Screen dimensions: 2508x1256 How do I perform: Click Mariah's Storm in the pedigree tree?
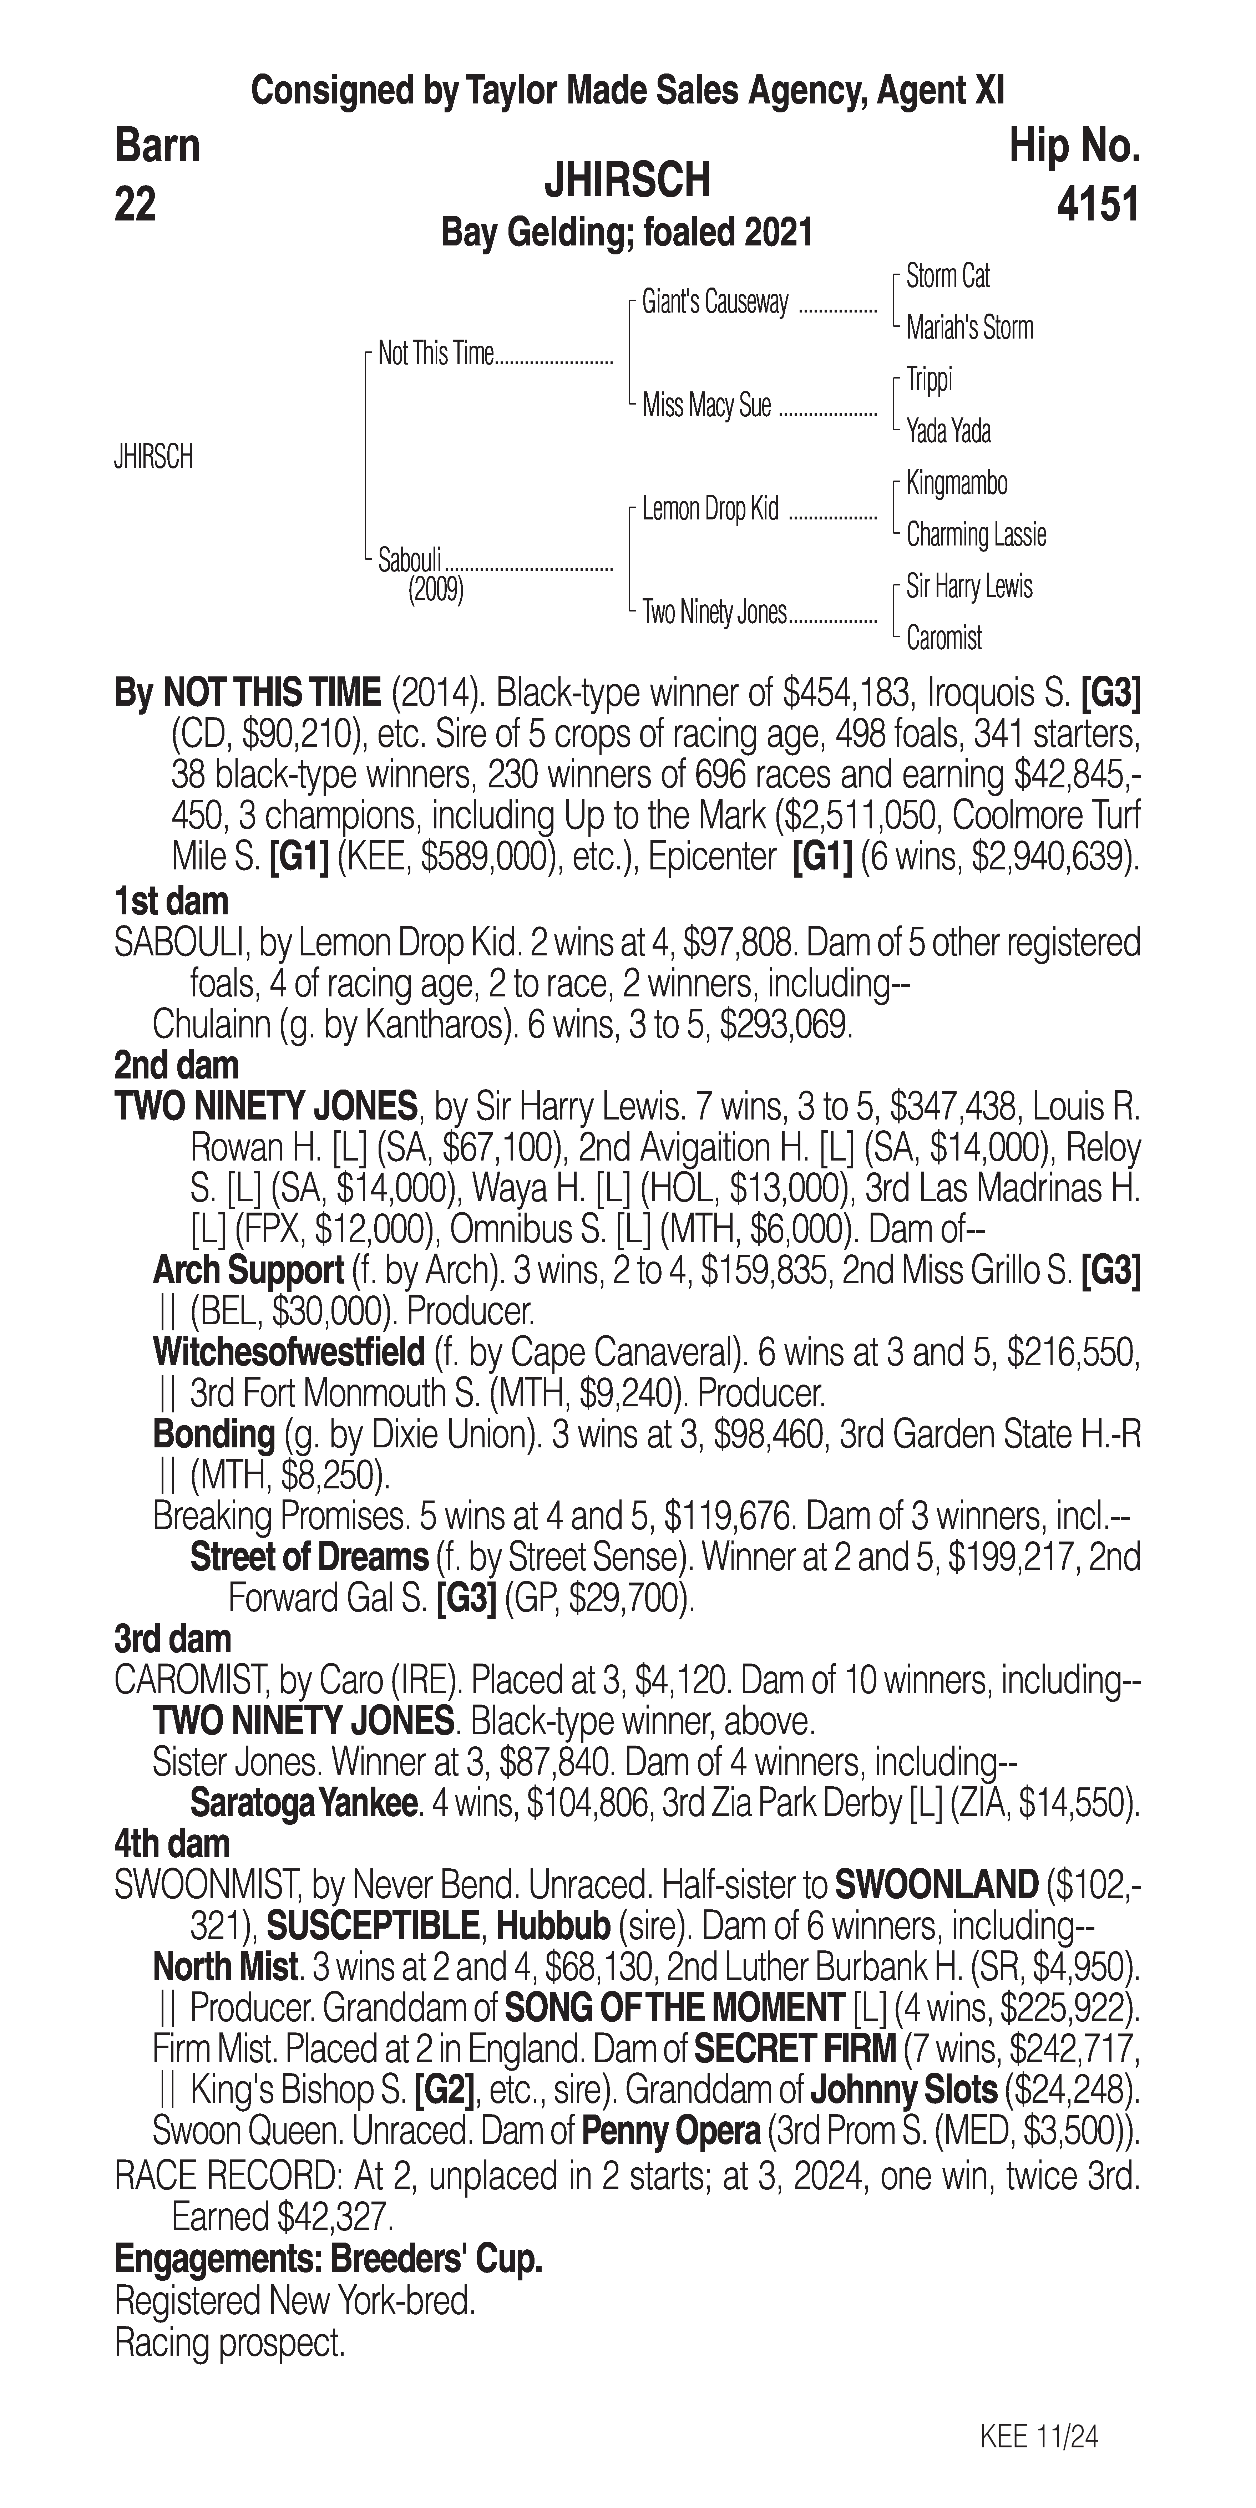tap(969, 328)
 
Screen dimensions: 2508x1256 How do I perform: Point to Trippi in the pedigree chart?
tap(929, 380)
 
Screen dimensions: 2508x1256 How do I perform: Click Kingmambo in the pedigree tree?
tap(956, 483)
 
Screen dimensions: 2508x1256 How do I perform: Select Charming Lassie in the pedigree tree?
tap(976, 534)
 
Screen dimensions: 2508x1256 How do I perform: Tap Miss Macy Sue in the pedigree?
tap(706, 405)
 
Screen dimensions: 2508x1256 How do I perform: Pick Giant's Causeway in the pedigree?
tap(715, 303)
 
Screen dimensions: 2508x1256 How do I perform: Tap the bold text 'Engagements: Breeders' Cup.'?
tap(328, 2258)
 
